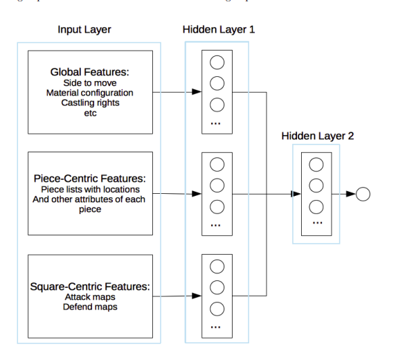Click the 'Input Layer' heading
(84, 30)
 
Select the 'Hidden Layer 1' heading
(218, 30)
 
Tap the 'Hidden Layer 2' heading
(317, 136)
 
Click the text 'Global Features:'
(89, 72)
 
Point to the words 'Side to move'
(89, 83)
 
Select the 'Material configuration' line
(89, 93)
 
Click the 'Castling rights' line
(89, 102)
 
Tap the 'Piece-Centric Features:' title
(89, 178)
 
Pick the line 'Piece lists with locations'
(90, 189)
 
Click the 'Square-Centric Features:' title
(89, 286)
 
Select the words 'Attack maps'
(89, 296)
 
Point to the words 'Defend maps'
(89, 307)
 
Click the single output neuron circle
(363, 195)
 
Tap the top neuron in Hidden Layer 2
(316, 165)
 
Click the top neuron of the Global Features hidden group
(217, 62)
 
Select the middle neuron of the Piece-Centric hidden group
(217, 186)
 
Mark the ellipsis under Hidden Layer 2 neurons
(316, 224)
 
